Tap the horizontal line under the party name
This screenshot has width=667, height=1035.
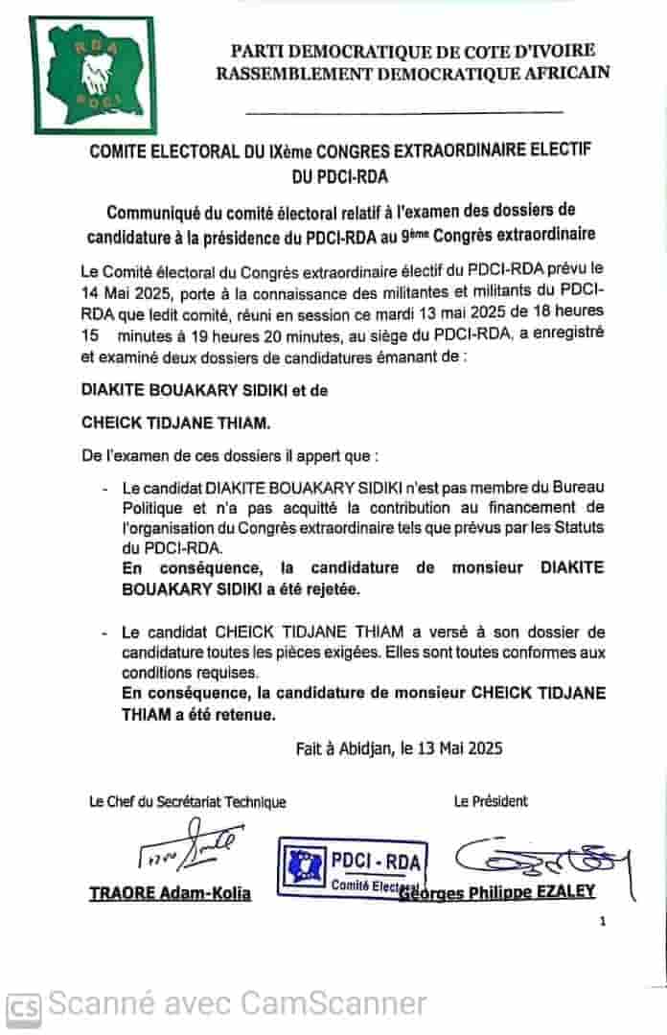404,113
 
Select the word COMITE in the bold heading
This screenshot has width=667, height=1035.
123,152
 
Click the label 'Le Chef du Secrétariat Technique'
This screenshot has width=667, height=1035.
187,802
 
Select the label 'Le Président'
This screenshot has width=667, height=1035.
491,801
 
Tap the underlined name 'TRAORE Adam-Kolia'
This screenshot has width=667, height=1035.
171,893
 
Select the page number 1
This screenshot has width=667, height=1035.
603,922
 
